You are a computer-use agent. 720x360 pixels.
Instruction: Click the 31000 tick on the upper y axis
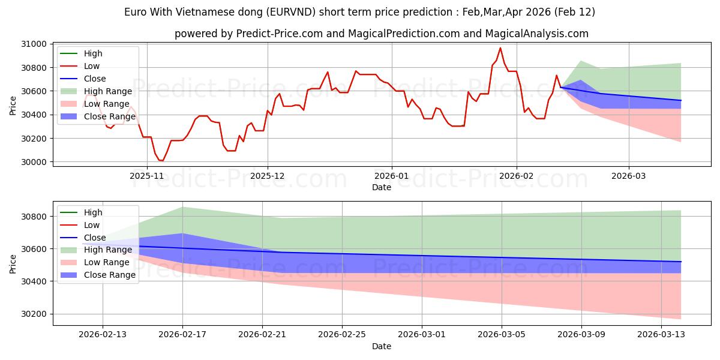pyautogui.click(x=34, y=44)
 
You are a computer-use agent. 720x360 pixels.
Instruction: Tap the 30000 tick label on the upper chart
pyautogui.click(x=34, y=162)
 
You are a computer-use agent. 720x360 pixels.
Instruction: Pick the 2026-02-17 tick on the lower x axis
pyautogui.click(x=182, y=334)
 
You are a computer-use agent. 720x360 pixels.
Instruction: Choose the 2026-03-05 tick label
pyautogui.click(x=502, y=334)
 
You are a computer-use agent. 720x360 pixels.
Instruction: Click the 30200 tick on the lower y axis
pyautogui.click(x=34, y=314)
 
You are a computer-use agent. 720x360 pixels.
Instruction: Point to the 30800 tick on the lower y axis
pyautogui.click(x=34, y=216)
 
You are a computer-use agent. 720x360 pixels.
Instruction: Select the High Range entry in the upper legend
pyautogui.click(x=108, y=91)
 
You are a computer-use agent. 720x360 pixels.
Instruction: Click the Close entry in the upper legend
pyautogui.click(x=95, y=79)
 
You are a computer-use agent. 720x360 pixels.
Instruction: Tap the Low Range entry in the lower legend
pyautogui.click(x=107, y=262)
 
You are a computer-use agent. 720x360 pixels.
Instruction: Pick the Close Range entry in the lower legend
pyautogui.click(x=110, y=275)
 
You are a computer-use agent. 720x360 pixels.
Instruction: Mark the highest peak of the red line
pyautogui.click(x=500, y=48)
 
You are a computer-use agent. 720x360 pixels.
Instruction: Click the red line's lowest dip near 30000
pyautogui.click(x=161, y=161)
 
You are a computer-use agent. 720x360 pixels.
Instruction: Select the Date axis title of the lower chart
pyautogui.click(x=382, y=346)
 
